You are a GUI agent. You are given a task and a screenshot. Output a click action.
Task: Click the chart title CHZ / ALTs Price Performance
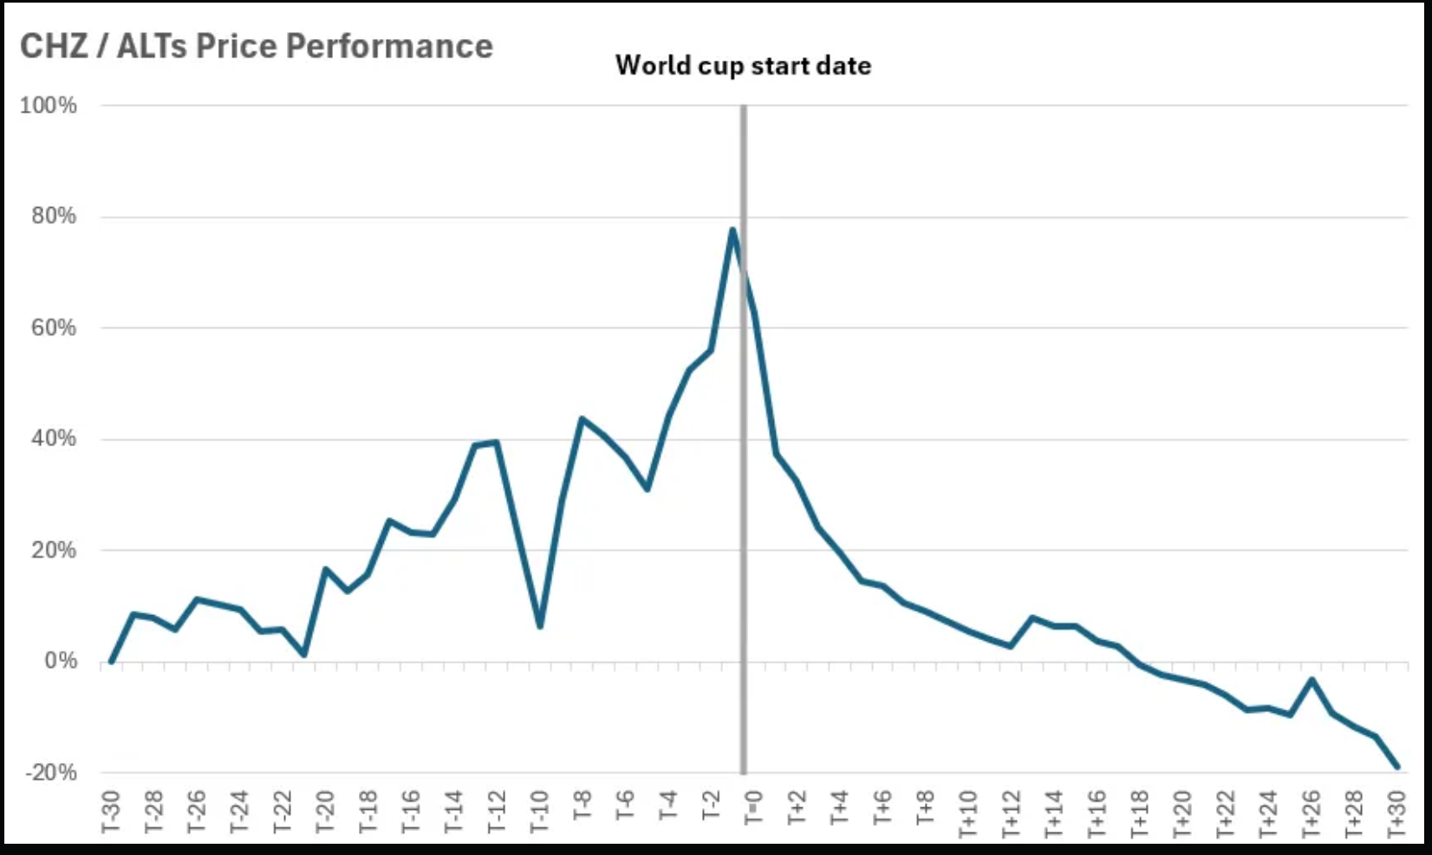click(257, 46)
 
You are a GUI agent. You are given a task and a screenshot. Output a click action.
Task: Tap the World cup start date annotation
click(743, 66)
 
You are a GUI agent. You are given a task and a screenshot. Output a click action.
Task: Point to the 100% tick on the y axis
click(49, 106)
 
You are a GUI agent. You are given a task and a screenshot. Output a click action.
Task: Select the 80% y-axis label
click(54, 217)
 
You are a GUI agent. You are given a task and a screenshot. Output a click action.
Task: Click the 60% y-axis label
click(54, 328)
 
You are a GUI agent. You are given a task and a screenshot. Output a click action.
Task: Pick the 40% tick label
click(54, 439)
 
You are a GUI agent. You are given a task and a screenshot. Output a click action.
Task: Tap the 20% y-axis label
click(54, 551)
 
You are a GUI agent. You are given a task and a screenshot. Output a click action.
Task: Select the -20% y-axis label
click(49, 773)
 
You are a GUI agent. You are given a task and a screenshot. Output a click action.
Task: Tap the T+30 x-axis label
click(1395, 813)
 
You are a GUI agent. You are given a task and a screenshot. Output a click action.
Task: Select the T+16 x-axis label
click(1096, 813)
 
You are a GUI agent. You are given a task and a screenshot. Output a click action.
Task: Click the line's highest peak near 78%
click(732, 230)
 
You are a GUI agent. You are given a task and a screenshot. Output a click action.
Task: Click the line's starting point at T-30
click(111, 662)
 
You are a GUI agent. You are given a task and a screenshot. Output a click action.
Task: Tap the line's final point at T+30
click(1396, 767)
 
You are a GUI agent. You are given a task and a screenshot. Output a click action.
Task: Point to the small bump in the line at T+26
click(1312, 680)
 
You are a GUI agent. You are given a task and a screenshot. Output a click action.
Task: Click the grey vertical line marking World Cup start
click(743, 520)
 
